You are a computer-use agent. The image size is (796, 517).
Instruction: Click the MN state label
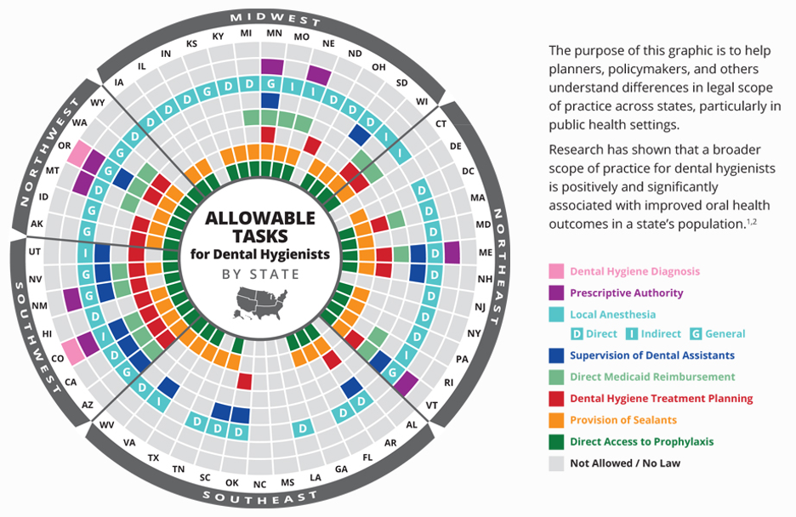[274, 33]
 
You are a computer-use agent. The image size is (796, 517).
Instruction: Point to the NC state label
[259, 484]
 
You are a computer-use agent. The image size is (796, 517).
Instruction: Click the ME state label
[486, 253]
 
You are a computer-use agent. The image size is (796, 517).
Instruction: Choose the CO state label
[58, 359]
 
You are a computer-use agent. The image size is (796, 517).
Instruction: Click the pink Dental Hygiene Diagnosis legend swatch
[556, 272]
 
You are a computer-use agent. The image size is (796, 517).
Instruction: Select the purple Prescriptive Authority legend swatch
[556, 293]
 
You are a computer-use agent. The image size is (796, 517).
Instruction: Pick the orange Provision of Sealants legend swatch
[556, 420]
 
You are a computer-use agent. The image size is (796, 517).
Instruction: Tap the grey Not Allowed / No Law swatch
[556, 463]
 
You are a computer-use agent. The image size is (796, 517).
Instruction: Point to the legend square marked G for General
[695, 334]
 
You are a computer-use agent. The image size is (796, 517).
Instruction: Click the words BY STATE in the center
[260, 274]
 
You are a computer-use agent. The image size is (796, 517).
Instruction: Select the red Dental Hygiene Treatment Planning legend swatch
[556, 399]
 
